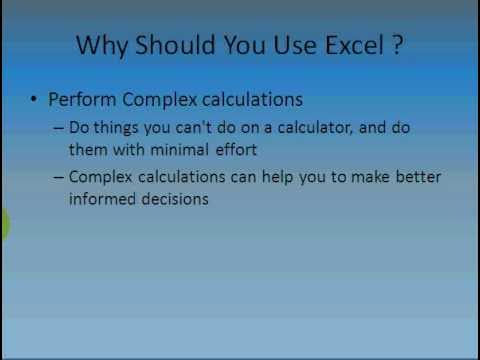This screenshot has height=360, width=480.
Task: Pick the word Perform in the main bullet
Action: [83, 101]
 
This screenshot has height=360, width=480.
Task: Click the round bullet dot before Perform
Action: [34, 101]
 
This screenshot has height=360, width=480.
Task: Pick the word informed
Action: [102, 198]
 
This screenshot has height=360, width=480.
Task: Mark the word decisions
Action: [175, 198]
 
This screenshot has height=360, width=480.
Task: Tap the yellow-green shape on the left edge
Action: [3, 226]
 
